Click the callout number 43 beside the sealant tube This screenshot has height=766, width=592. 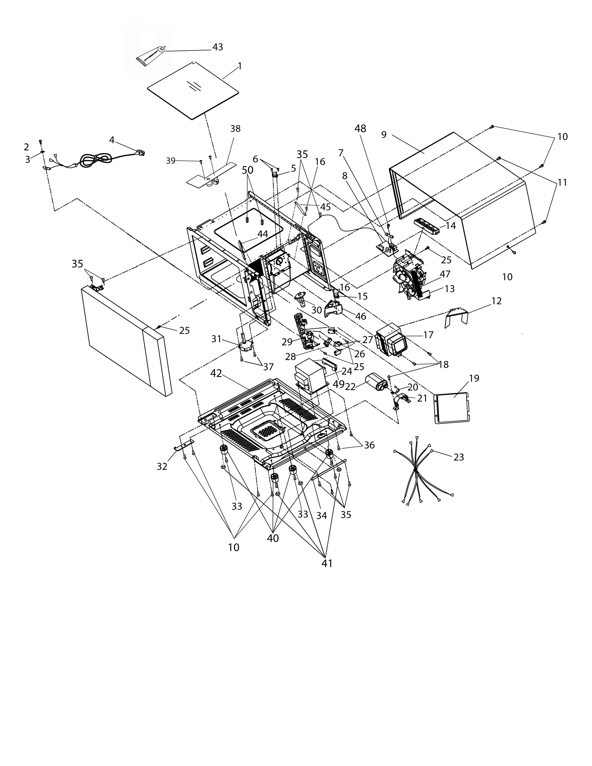coord(217,47)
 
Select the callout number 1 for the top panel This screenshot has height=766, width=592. coord(240,66)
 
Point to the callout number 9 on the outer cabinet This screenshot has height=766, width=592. coord(384,134)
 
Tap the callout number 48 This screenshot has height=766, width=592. coord(360,129)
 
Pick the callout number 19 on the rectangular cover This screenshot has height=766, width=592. coord(474,378)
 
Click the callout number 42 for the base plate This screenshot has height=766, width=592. coord(216,374)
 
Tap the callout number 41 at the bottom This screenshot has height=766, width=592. coord(327,563)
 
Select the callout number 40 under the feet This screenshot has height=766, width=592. coord(273,538)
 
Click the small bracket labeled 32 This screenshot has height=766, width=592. coord(184,445)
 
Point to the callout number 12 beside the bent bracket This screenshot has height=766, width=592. coord(496,301)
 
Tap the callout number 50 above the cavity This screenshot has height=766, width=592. coord(247,170)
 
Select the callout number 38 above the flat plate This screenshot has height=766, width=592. coord(235,129)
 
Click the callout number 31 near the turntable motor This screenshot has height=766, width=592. coord(216,339)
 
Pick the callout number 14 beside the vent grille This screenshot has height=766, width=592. coord(450,226)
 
